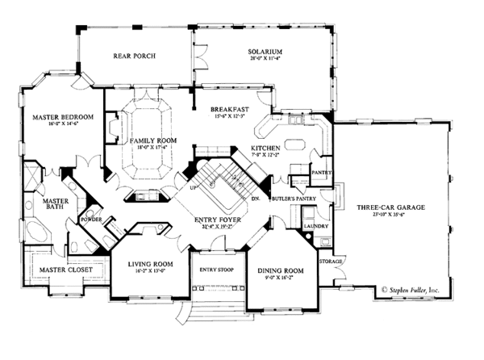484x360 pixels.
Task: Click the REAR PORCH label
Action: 135,56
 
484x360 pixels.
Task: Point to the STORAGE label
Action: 332,262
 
